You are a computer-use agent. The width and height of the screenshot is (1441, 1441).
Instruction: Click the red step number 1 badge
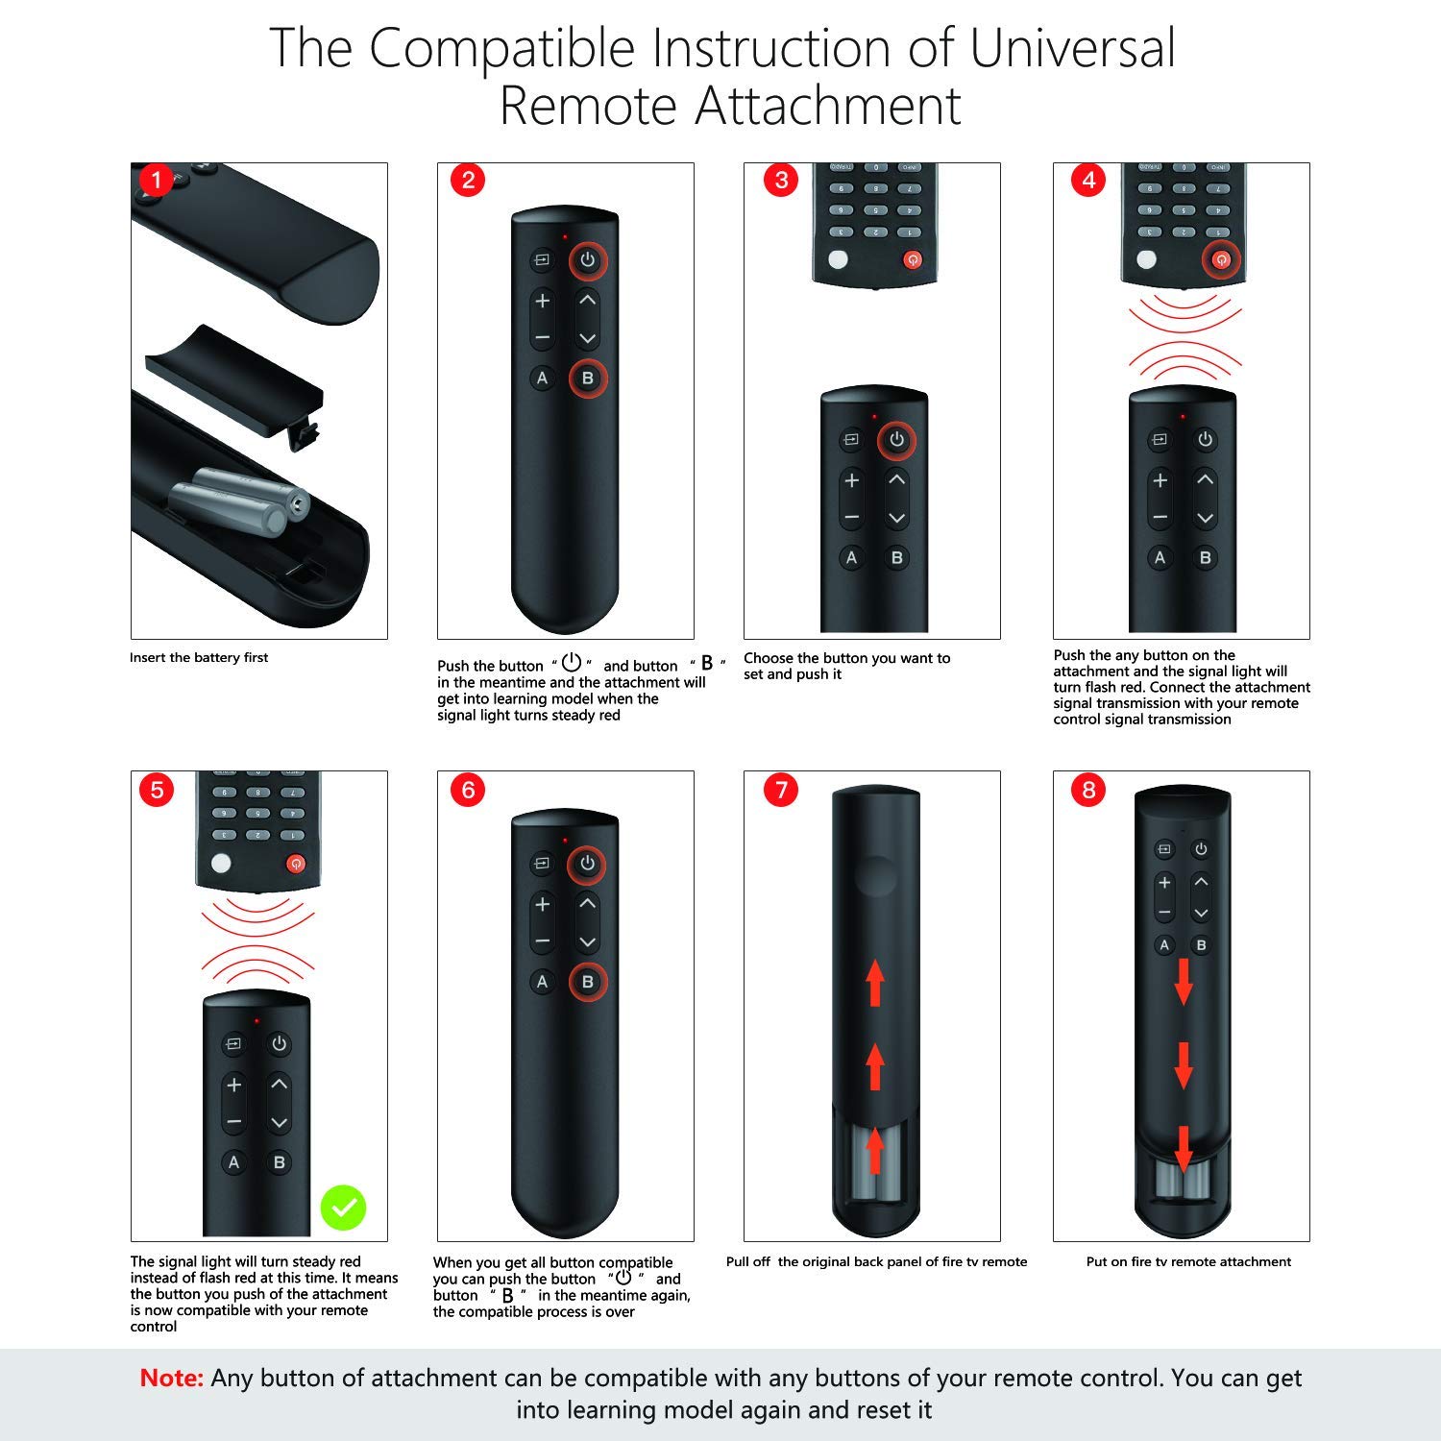157,181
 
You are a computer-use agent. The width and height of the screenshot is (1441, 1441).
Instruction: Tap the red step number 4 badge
1088,181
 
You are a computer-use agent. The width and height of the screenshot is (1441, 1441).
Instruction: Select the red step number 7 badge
781,790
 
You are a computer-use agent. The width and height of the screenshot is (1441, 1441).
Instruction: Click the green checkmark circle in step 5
343,1208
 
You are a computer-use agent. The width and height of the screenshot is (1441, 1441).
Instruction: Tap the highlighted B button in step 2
588,378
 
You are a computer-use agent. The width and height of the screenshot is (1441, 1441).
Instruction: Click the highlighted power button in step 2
588,259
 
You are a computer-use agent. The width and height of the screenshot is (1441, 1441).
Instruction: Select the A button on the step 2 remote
543,378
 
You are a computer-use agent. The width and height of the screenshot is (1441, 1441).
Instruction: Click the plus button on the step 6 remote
543,904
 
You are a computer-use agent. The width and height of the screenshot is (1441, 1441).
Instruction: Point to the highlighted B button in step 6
588,982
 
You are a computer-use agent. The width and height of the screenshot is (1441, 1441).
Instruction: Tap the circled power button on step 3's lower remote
896,440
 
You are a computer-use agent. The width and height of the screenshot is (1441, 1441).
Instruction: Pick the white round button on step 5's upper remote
221,863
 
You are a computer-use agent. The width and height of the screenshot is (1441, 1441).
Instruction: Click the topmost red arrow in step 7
875,984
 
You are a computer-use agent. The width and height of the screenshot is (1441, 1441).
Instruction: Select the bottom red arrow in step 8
1184,1149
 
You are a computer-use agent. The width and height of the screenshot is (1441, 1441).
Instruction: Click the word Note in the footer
172,1378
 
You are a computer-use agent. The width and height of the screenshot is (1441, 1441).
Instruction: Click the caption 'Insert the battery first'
199,658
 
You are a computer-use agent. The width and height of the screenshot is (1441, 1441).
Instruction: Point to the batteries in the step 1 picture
241,500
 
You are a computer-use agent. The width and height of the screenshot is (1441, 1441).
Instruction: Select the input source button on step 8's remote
1164,849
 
